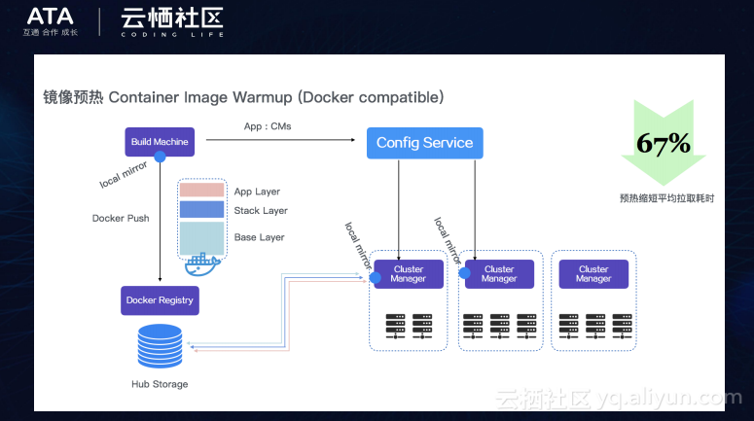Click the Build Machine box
(x=160, y=142)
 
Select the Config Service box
(x=424, y=143)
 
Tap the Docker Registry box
(x=160, y=300)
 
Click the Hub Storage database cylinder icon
(x=160, y=346)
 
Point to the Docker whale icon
(x=202, y=264)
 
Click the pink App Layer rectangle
(x=201, y=190)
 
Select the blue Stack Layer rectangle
(x=201, y=209)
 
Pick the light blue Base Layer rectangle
(x=201, y=238)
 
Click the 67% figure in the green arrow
(x=664, y=143)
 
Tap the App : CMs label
(x=268, y=126)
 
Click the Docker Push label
(x=121, y=218)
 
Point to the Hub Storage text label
(x=160, y=384)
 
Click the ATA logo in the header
(x=50, y=17)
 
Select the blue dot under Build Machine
(x=161, y=157)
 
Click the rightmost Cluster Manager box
(x=593, y=274)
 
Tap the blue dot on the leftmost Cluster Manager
(x=376, y=277)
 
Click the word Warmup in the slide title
(x=262, y=97)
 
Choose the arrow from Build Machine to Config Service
(x=281, y=140)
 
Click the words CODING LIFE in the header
(x=172, y=35)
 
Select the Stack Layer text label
(x=261, y=210)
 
